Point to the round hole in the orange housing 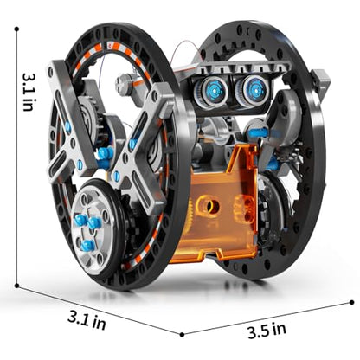(x=210, y=205)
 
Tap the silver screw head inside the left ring (x=123, y=84)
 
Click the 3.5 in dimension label (x=267, y=331)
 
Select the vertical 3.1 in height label (x=29, y=92)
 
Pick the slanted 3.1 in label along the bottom (x=87, y=320)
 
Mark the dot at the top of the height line (x=16, y=29)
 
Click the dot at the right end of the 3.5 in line (x=351, y=302)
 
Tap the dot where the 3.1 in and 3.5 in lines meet (x=182, y=335)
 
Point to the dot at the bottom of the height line (x=16, y=286)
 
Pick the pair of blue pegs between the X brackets (x=105, y=157)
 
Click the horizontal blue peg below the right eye (x=258, y=133)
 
